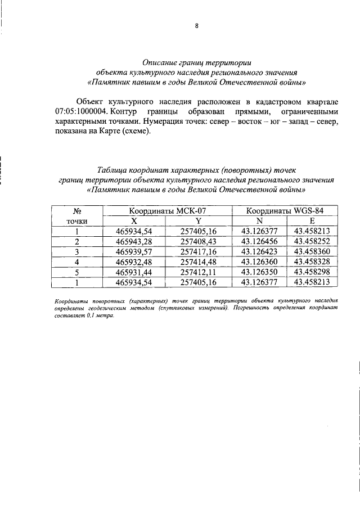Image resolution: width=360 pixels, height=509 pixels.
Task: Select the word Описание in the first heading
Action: tap(161, 62)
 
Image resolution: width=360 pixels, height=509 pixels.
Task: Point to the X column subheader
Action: tap(133, 220)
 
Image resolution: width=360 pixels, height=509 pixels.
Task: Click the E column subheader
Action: tap(312, 220)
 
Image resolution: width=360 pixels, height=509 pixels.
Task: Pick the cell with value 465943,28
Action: tap(133, 241)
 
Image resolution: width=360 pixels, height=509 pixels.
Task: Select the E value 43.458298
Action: tap(312, 272)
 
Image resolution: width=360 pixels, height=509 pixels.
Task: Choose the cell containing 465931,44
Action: tap(133, 272)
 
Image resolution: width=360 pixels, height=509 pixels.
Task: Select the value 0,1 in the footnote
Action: tap(87, 316)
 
